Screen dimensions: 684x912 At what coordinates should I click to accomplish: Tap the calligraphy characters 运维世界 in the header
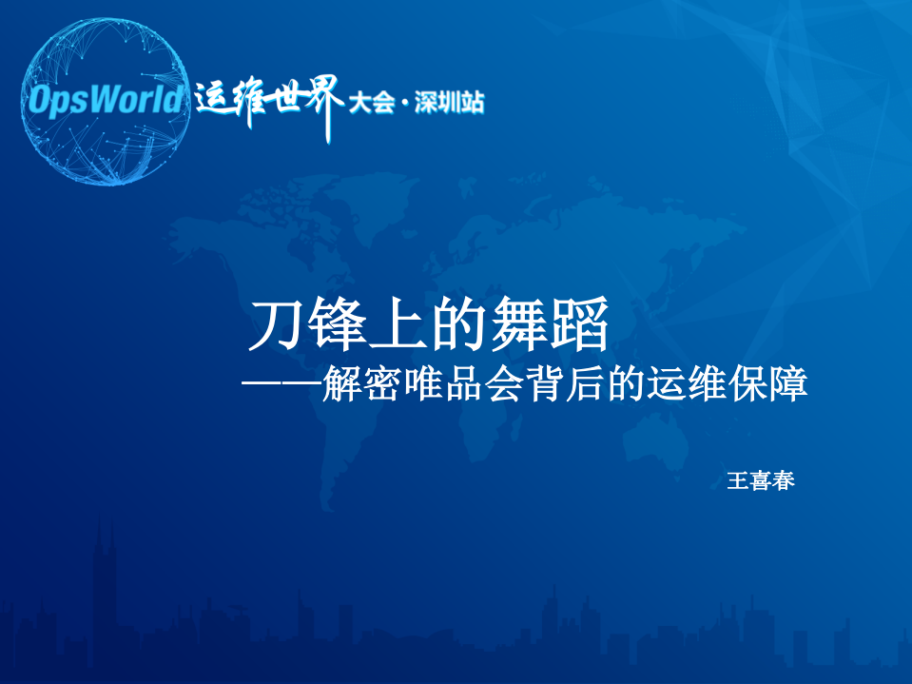coord(268,103)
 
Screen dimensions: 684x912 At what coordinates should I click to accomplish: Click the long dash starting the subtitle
coord(281,385)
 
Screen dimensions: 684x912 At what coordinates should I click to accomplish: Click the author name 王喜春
coord(760,481)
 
